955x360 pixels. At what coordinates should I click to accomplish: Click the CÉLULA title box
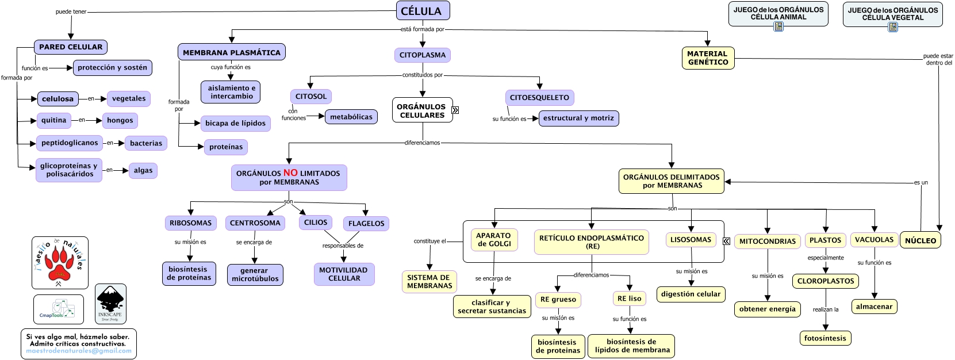point(423,11)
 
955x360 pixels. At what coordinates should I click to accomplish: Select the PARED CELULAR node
point(71,47)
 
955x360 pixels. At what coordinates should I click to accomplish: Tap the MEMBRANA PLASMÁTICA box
point(231,52)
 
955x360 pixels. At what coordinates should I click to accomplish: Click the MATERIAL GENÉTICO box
point(708,58)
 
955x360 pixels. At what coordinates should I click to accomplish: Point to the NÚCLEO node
point(920,241)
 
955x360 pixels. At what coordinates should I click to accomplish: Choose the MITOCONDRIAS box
point(767,242)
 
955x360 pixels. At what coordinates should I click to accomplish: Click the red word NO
point(290,173)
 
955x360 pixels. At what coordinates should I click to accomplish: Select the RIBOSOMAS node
point(190,223)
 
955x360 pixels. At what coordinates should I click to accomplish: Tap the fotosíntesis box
point(825,339)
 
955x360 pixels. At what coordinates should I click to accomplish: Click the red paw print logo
point(60,263)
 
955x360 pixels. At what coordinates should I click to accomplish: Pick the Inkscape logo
point(110,303)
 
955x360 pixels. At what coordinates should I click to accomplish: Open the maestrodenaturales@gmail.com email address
point(79,351)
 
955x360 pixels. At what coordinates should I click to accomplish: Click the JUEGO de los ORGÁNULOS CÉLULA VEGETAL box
point(892,14)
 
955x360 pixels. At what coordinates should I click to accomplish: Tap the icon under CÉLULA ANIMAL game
point(778,26)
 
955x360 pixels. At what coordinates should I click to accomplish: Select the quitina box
point(53,120)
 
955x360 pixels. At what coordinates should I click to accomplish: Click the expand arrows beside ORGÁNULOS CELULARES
point(455,110)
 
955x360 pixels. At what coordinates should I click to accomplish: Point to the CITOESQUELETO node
point(539,98)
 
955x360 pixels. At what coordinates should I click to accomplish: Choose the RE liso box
point(629,298)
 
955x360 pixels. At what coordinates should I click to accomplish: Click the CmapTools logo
point(58,309)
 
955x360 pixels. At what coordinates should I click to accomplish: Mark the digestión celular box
point(691,294)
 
